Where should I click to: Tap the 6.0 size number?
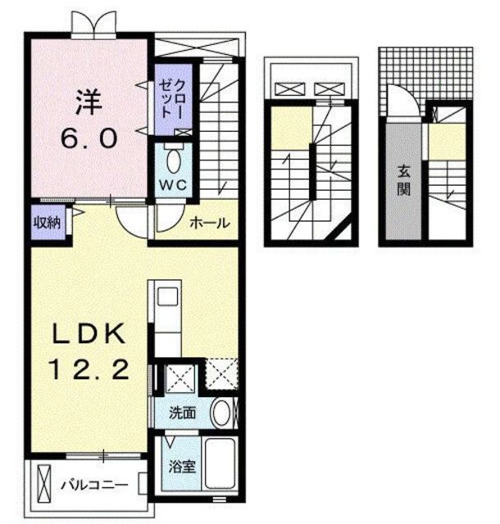(x=89, y=138)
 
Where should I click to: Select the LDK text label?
(x=89, y=333)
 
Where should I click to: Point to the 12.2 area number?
(x=89, y=369)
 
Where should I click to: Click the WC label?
(x=173, y=185)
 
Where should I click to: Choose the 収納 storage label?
(x=48, y=223)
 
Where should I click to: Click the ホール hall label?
(x=210, y=223)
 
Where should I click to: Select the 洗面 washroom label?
(x=182, y=413)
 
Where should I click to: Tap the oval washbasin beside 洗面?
(x=221, y=413)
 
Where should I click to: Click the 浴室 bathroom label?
(x=182, y=467)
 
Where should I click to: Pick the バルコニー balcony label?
(x=94, y=484)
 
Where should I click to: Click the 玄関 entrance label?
(x=404, y=181)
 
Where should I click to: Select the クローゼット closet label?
(x=171, y=100)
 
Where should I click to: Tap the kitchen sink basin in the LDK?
(x=167, y=296)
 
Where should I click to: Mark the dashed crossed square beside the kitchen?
(x=221, y=374)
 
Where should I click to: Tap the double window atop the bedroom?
(x=93, y=23)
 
